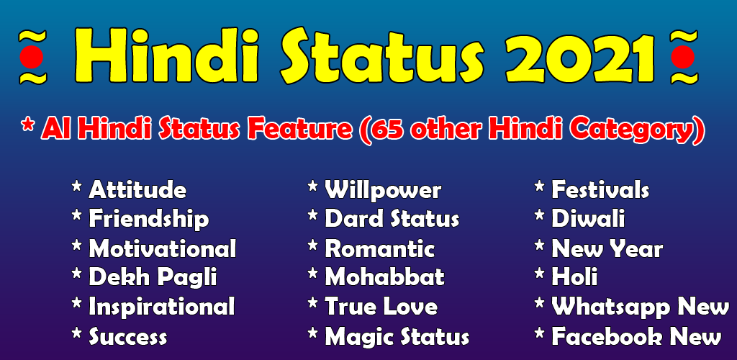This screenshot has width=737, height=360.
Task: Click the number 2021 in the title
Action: [x=581, y=56]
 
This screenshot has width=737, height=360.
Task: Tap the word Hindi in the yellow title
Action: [x=166, y=55]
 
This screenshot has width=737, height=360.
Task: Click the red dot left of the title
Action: [x=32, y=57]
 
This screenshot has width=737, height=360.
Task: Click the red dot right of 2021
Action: [x=682, y=57]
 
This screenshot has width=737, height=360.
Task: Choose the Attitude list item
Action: [x=137, y=190]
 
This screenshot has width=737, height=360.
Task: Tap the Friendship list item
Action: [x=148, y=220]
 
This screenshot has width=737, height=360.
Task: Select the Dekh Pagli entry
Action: [x=153, y=278]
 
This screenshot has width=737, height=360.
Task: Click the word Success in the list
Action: [x=128, y=336]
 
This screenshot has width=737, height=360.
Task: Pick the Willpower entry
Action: [x=383, y=191]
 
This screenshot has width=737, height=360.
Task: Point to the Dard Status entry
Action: [x=392, y=219]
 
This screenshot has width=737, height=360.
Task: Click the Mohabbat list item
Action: [x=384, y=277]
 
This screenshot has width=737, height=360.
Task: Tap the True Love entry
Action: [x=381, y=307]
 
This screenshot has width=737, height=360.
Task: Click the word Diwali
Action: [x=588, y=219]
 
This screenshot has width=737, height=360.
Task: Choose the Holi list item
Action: [x=574, y=277]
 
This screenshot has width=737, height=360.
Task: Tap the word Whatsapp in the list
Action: [x=610, y=307]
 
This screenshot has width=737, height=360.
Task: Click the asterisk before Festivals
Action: [x=540, y=187]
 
